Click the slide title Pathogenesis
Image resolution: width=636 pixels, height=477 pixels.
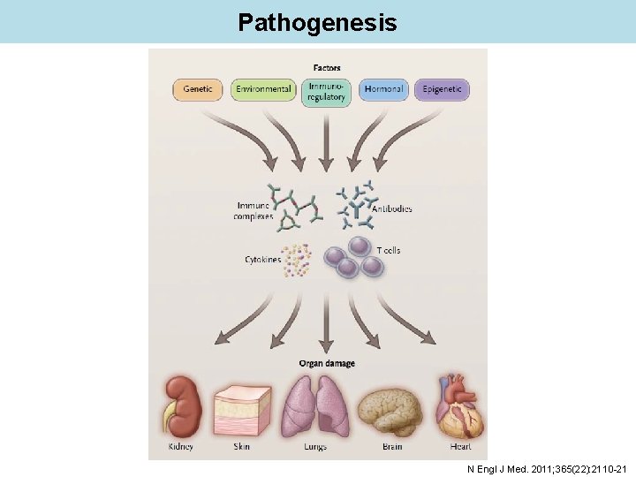pos(317,22)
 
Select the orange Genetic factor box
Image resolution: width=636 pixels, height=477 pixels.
pos(199,89)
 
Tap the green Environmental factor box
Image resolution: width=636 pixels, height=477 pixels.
pos(262,89)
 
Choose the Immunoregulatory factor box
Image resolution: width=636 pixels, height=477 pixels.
pos(326,92)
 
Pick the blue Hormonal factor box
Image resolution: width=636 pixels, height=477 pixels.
pos(383,89)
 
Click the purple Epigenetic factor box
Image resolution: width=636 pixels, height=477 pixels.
pos(442,89)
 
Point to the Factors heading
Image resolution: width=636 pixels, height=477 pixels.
pos(326,68)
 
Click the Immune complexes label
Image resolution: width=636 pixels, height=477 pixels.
pos(254,210)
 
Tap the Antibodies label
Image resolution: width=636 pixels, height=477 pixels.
pos(391,209)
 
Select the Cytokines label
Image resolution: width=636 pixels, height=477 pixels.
pos(262,260)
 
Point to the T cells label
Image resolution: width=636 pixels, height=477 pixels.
pos(388,251)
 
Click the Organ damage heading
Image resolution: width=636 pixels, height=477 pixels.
pos(326,363)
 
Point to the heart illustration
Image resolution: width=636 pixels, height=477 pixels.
pos(457,406)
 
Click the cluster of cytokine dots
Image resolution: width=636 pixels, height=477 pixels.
pos(299,260)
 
